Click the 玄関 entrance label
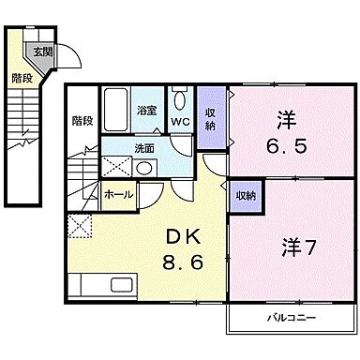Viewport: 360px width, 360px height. [x=42, y=52]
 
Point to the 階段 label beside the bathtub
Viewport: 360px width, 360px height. [x=82, y=120]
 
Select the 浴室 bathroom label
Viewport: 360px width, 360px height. [x=148, y=109]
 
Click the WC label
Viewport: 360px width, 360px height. [x=181, y=121]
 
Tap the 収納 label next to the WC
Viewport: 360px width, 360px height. [x=211, y=119]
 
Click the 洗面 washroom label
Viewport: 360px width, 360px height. [x=143, y=147]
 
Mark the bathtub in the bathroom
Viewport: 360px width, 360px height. [x=115, y=110]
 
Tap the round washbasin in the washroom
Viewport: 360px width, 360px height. [x=144, y=169]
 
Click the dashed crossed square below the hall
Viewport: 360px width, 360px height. [x=79, y=226]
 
